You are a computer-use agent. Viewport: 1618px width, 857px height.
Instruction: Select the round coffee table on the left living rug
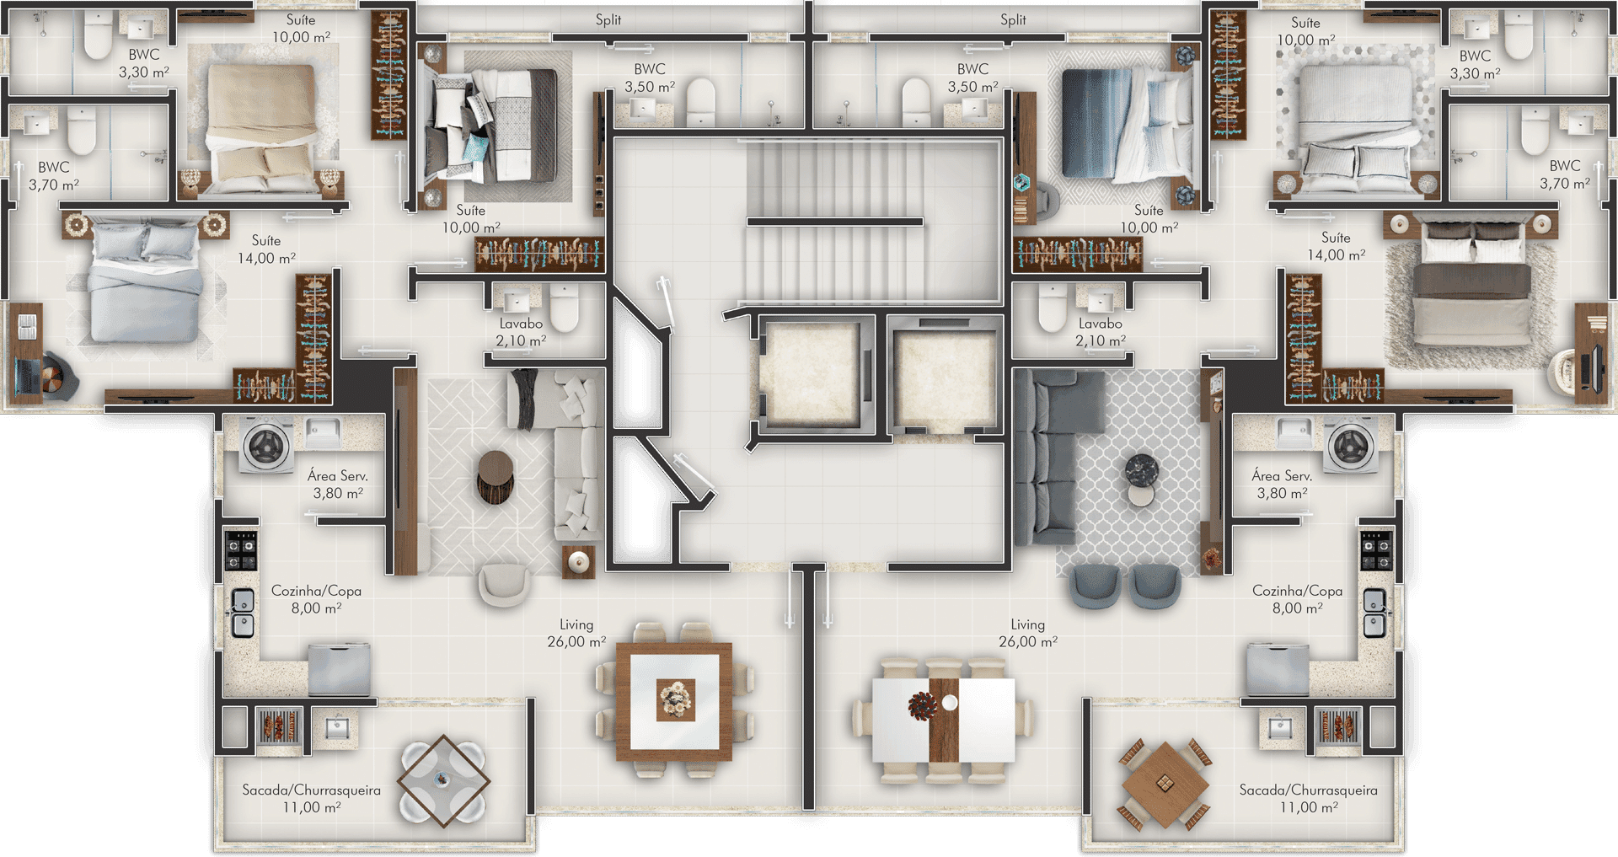tap(495, 477)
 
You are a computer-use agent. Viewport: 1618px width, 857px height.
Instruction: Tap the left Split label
tap(608, 19)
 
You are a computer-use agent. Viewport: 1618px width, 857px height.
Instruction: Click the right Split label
tap(1013, 19)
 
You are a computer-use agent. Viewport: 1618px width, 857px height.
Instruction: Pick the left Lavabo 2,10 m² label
tap(521, 332)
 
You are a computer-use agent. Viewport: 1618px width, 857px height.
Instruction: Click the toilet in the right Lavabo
tap(1053, 308)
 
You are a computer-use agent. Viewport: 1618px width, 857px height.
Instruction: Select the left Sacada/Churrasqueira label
tap(311, 799)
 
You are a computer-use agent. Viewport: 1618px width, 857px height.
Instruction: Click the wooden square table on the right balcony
tap(1165, 785)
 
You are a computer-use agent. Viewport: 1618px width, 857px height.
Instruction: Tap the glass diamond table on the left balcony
tap(443, 780)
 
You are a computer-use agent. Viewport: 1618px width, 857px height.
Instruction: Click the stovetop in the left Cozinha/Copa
tap(241, 550)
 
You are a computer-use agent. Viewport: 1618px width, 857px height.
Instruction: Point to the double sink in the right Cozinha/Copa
tap(1374, 613)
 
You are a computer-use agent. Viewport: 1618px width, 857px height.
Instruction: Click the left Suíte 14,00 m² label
tap(266, 249)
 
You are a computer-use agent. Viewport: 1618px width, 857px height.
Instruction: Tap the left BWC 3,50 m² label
tap(650, 78)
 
